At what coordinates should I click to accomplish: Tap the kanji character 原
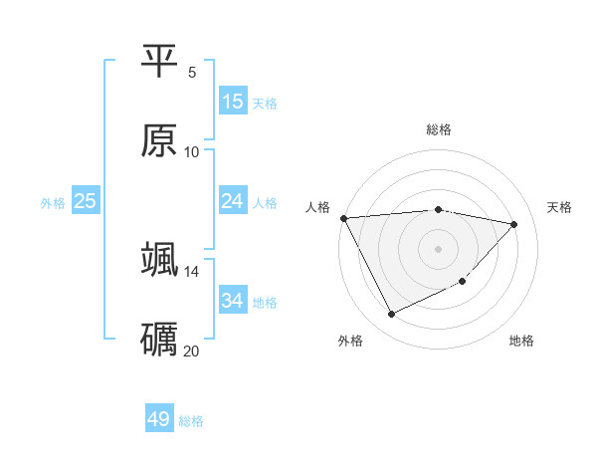point(159,140)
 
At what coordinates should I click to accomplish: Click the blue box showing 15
point(233,102)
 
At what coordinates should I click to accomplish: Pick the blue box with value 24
point(233,201)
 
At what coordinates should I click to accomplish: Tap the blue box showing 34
point(233,301)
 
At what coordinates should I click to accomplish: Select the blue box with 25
point(86,201)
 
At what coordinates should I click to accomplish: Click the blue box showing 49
point(159,419)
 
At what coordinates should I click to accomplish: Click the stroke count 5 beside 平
point(192,72)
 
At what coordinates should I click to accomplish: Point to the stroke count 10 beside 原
point(192,151)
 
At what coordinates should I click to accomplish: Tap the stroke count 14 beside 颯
point(192,271)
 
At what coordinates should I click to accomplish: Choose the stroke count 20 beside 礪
point(192,351)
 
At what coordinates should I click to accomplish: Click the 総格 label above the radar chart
point(439,129)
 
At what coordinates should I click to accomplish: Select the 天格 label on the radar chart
point(559,207)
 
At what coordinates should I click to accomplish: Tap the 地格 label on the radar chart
point(521,341)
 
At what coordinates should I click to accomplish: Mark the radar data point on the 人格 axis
point(343,218)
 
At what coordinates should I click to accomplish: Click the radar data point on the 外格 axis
point(391,315)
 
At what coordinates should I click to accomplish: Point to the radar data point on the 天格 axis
point(514,224)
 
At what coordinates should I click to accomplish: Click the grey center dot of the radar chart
point(439,249)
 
